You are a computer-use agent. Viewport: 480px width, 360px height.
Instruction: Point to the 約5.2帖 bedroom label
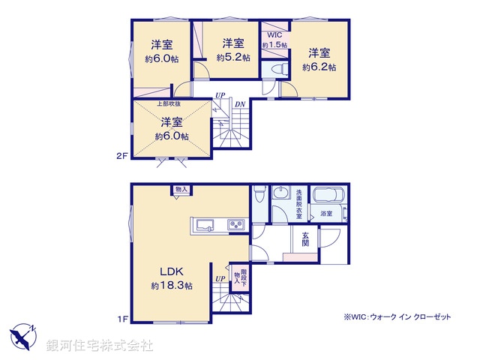coord(233,49)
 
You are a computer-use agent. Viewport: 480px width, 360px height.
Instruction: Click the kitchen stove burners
coord(235,225)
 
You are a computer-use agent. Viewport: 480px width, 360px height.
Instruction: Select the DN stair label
coord(239,104)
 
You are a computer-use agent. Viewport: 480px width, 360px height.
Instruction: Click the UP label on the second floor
coord(220,95)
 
